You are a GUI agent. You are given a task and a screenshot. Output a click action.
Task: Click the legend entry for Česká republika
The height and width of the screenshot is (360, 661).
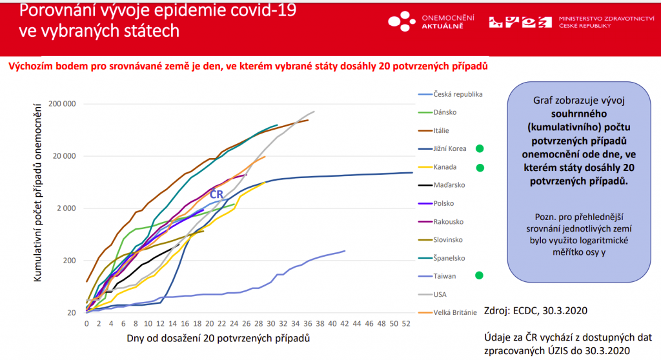click(458, 94)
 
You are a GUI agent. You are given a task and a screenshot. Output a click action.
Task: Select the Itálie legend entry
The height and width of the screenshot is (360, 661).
click(443, 130)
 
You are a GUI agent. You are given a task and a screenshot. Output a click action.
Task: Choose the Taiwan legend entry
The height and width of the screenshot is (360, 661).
click(445, 276)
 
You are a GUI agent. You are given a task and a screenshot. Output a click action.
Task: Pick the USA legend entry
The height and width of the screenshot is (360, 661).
click(440, 294)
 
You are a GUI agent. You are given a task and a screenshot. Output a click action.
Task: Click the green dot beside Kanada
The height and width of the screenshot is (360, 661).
click(480, 168)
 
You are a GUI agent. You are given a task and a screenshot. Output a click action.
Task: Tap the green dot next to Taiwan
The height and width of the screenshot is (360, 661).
click(480, 275)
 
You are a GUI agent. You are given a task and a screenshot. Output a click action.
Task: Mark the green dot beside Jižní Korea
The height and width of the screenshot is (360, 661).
click(480, 148)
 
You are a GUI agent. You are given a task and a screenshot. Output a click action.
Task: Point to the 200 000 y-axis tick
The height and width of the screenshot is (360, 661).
click(62, 104)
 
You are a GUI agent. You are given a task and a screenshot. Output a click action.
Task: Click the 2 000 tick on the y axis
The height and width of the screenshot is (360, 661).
click(65, 208)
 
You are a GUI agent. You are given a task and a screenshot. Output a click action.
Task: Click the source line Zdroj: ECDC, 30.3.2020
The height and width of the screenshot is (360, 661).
click(535, 311)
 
